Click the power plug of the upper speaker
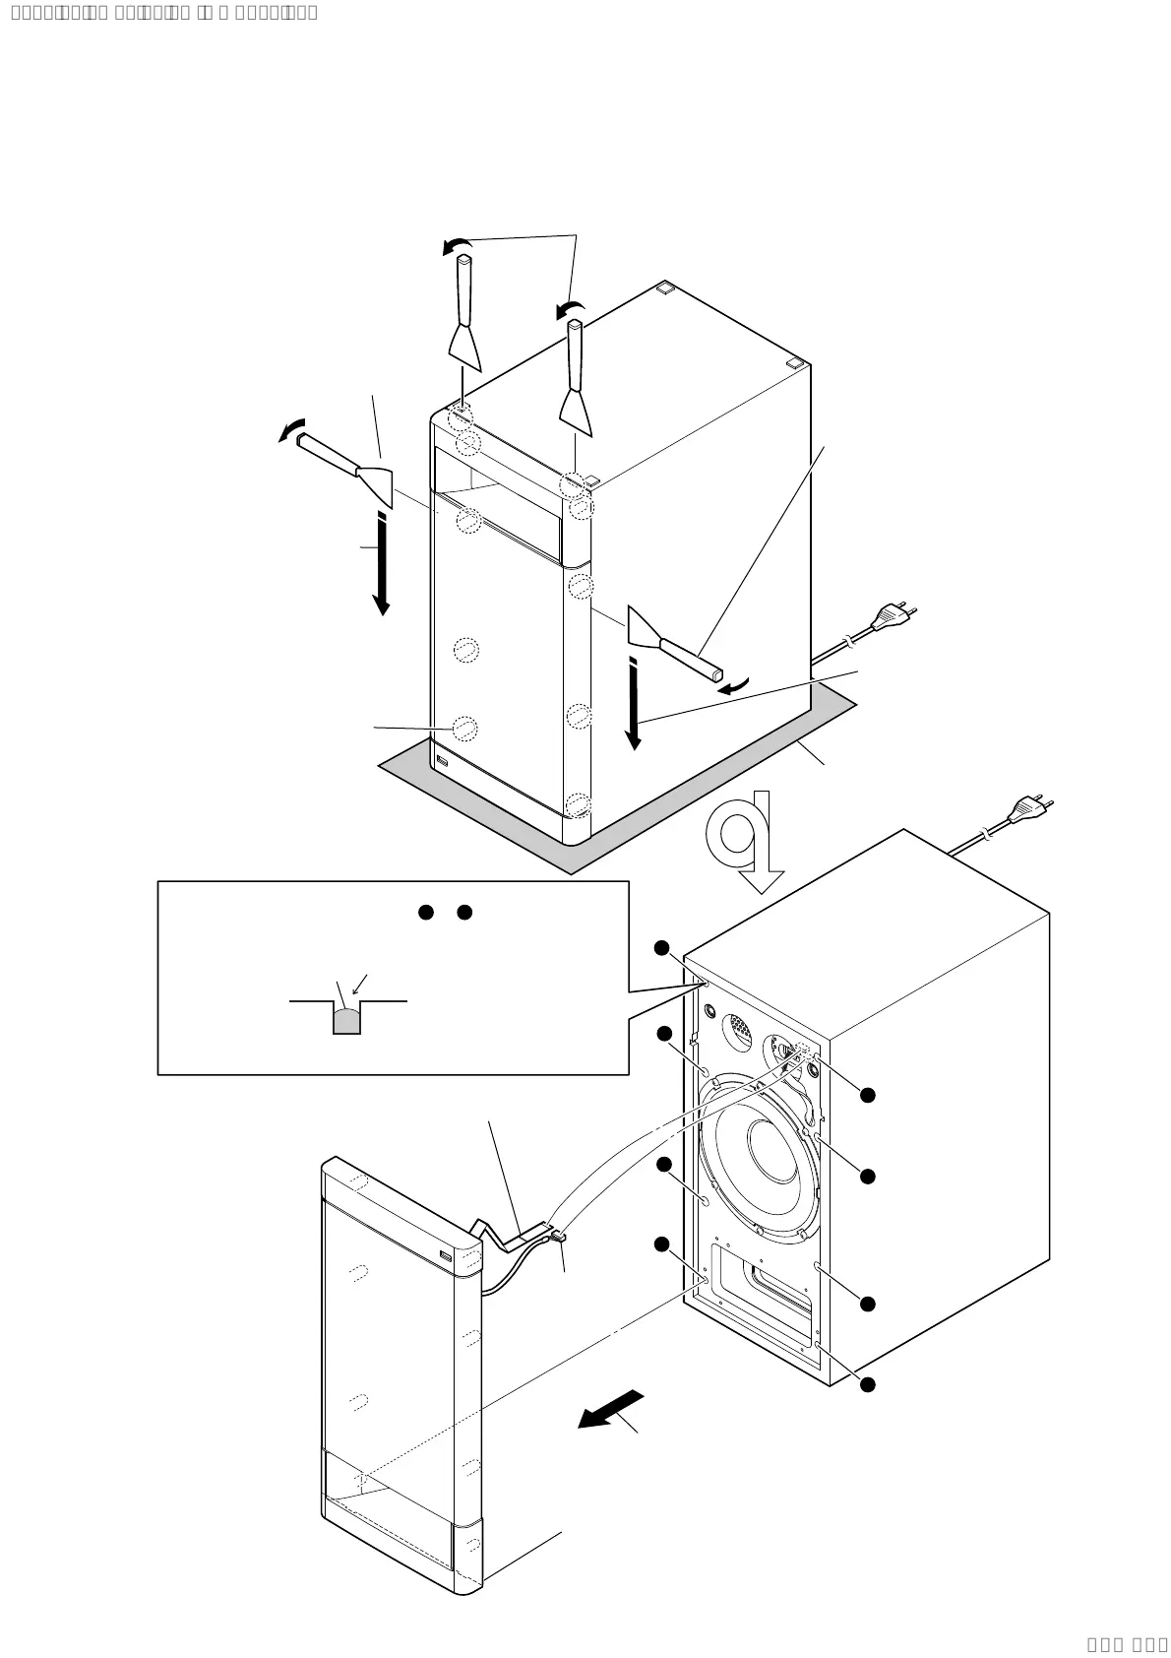pyautogui.click(x=894, y=616)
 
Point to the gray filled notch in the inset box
pyautogui.click(x=346, y=1022)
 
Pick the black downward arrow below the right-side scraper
pyautogui.click(x=634, y=705)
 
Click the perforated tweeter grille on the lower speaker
pyautogui.click(x=740, y=1032)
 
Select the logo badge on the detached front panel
pyautogui.click(x=446, y=1255)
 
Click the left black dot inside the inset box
pyautogui.click(x=426, y=912)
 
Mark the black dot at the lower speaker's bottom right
pyautogui.click(x=867, y=1384)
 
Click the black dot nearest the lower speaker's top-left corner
pyautogui.click(x=662, y=947)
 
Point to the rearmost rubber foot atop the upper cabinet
pyautogui.click(x=665, y=288)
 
